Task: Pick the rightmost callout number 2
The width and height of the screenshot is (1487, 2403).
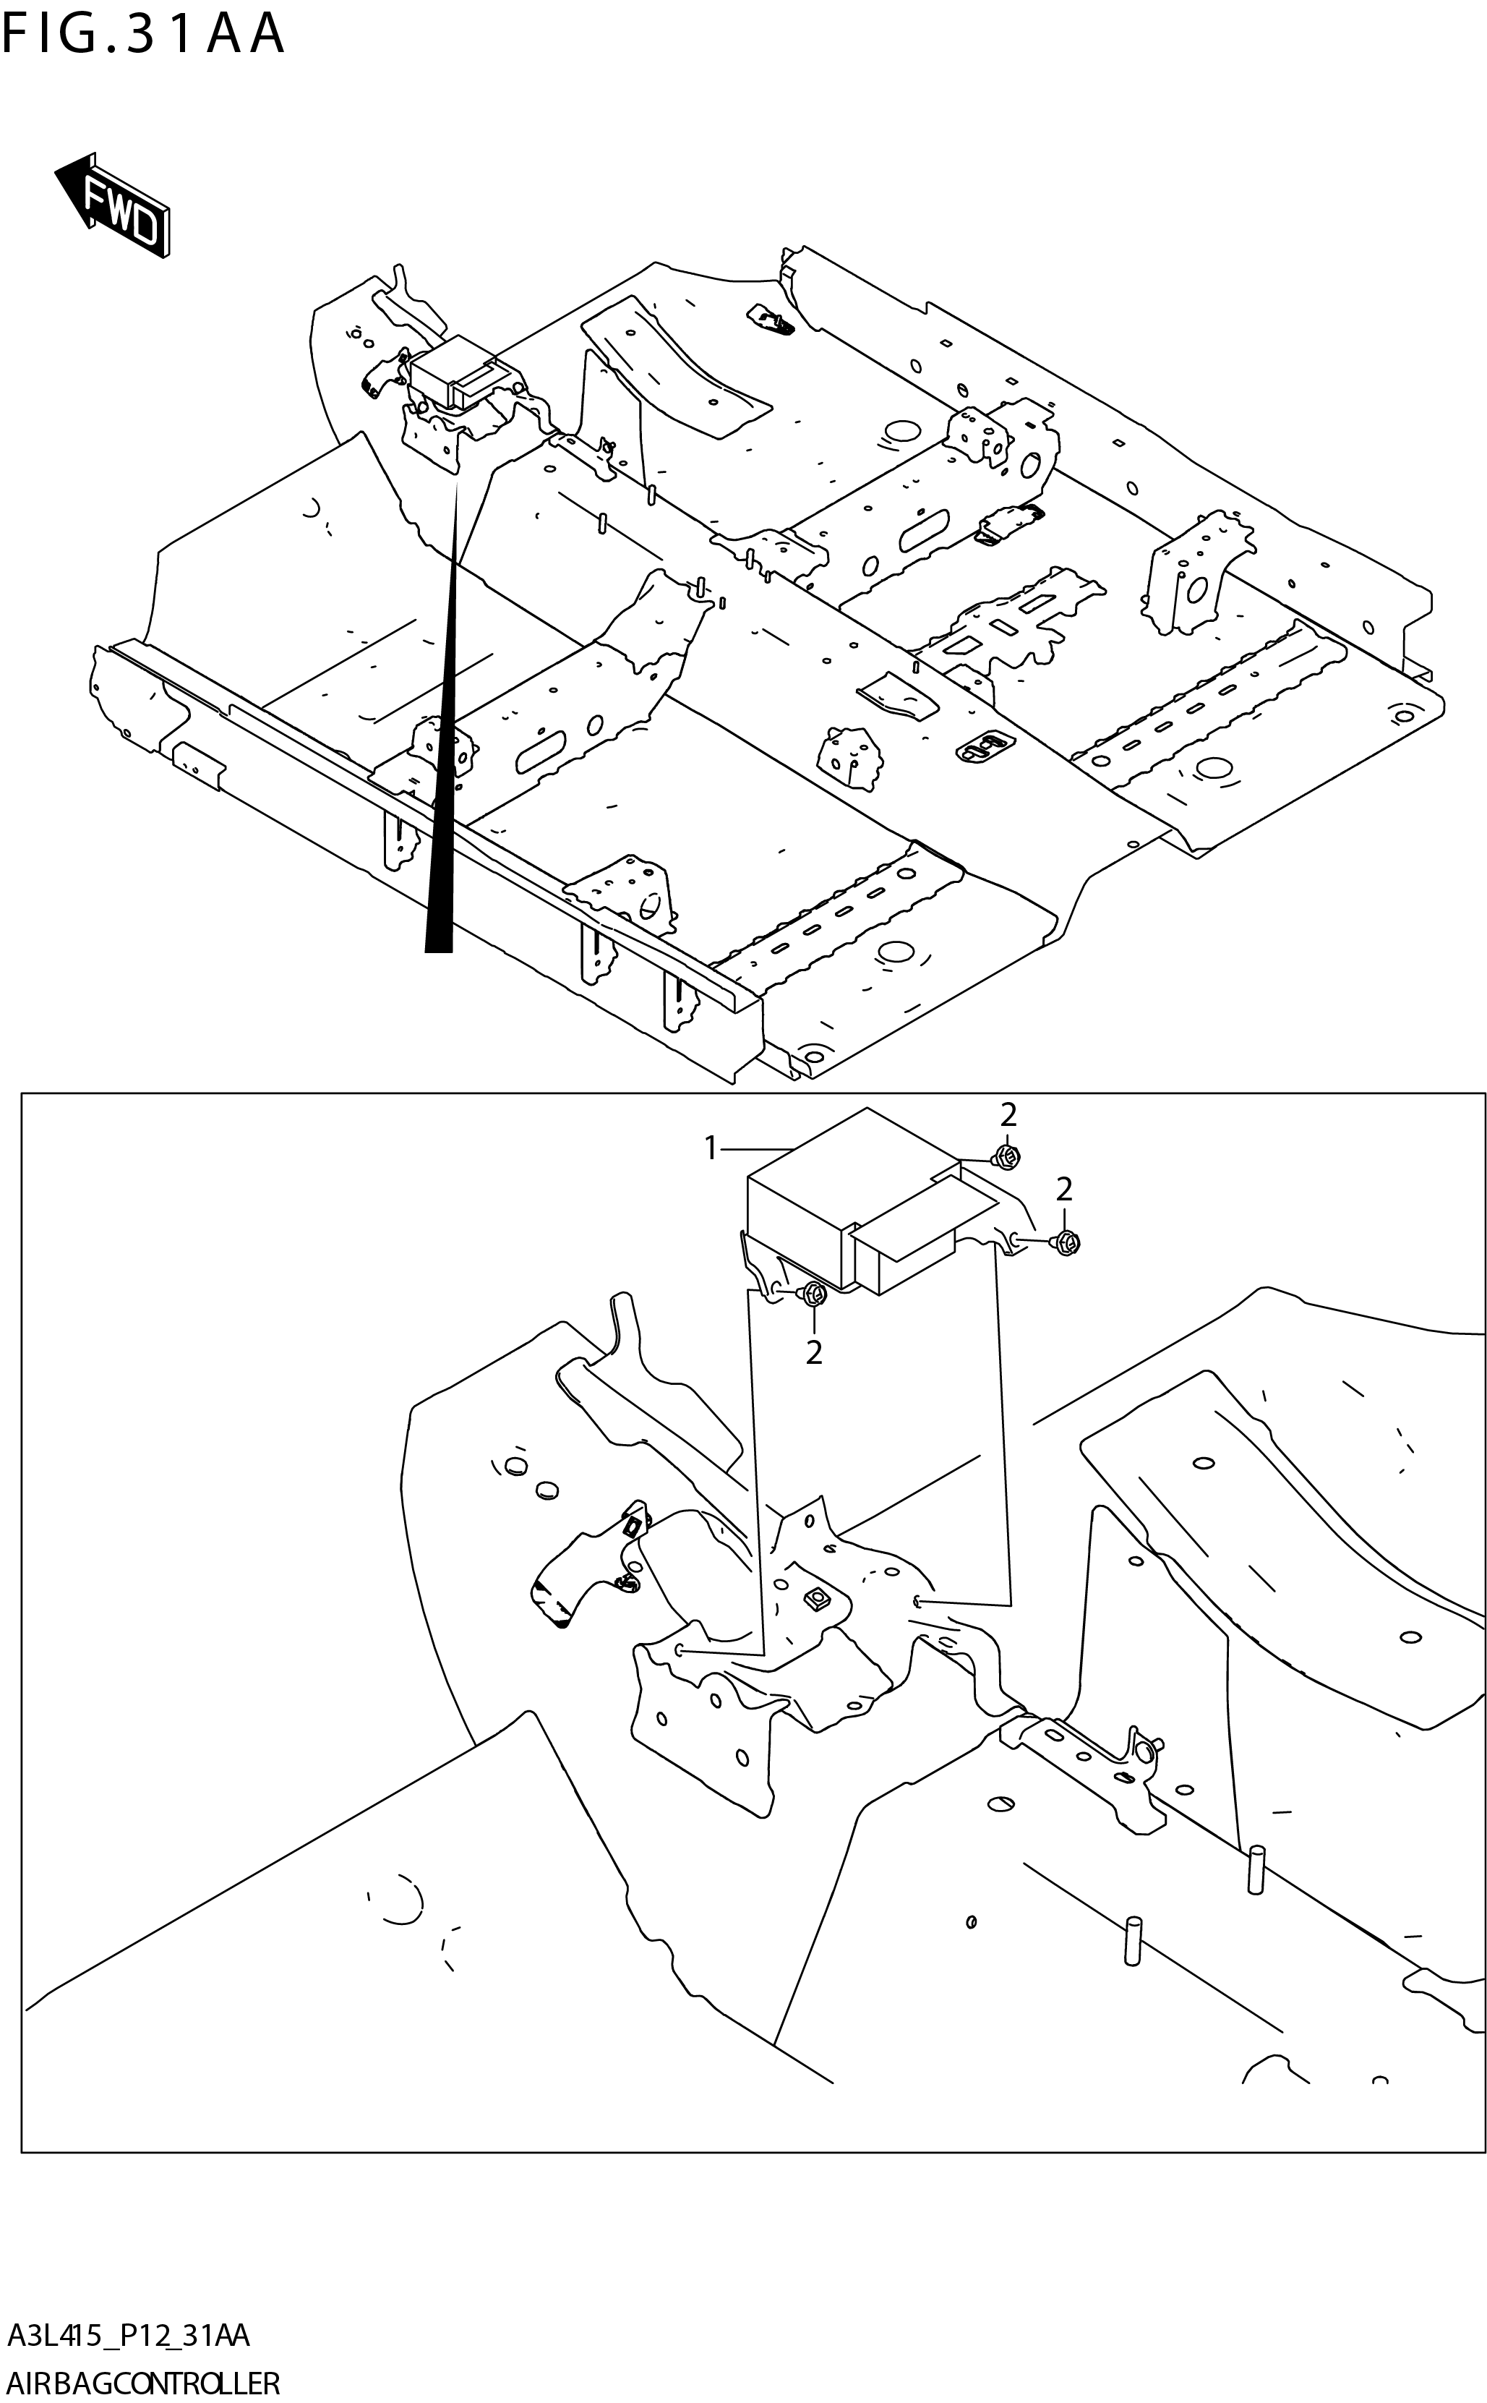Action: coord(1064,1190)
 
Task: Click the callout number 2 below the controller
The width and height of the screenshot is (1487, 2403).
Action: coord(813,1354)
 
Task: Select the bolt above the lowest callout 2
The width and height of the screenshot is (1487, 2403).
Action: coord(813,1295)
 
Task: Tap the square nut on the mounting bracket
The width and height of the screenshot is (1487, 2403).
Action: coord(815,1602)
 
